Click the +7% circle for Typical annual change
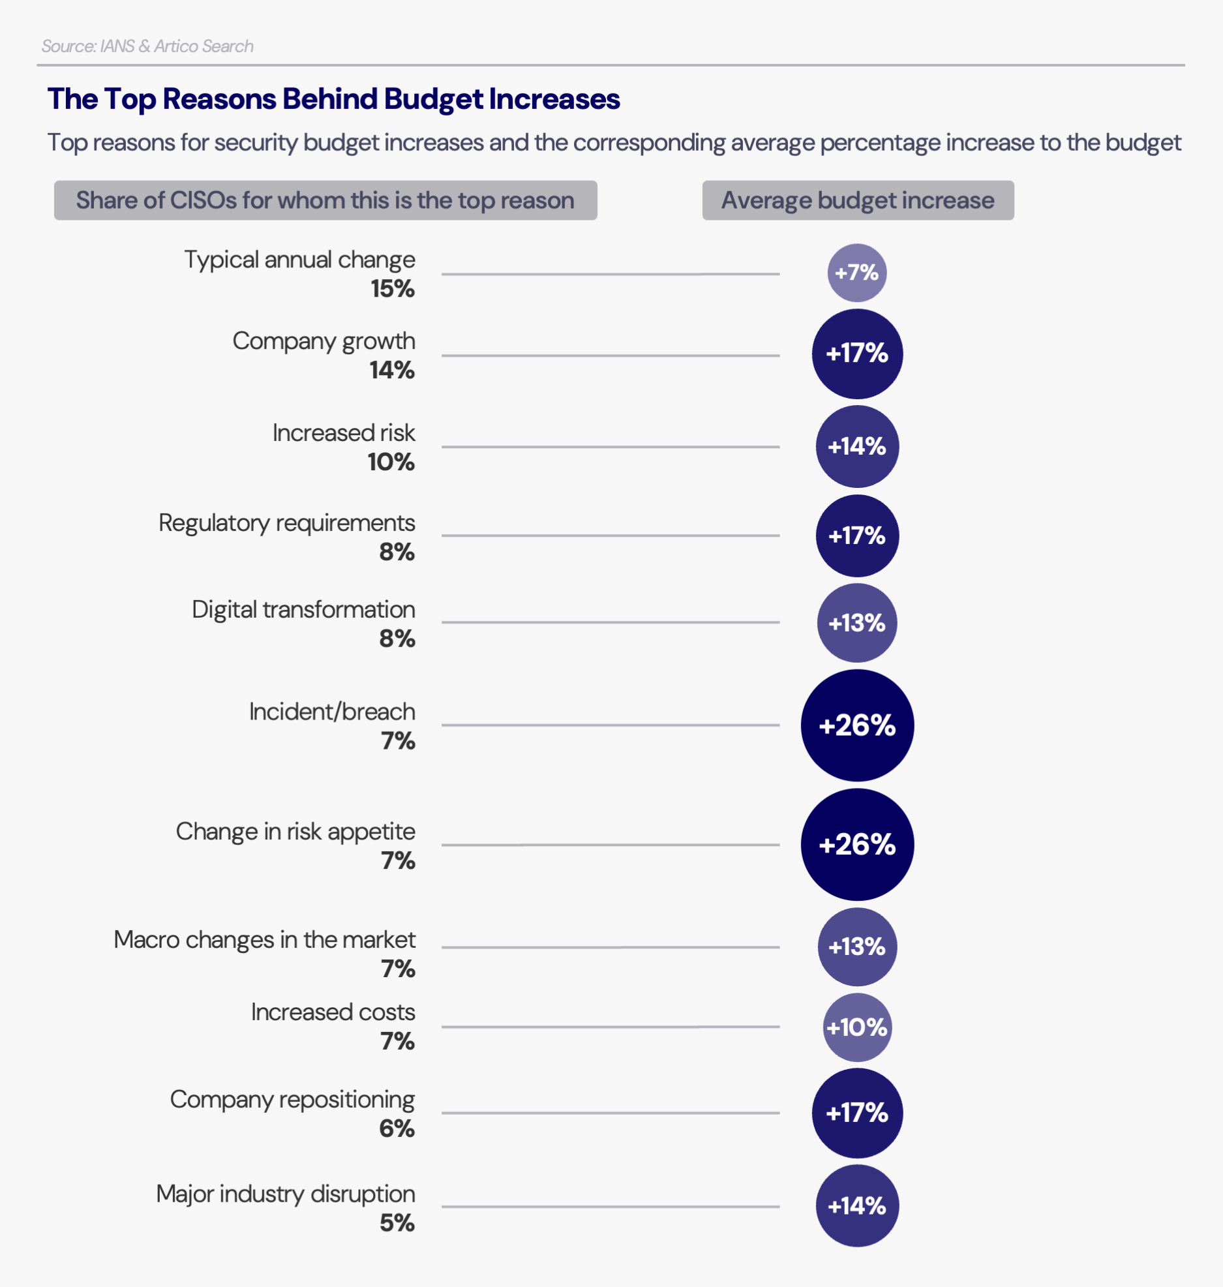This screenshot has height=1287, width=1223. point(856,273)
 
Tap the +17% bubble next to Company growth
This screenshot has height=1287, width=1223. point(856,354)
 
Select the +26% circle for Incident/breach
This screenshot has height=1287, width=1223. point(856,725)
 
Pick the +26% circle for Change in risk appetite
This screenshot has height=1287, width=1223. point(856,845)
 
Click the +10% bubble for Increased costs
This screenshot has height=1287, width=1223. point(856,1027)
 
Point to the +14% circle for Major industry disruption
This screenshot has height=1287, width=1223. point(856,1205)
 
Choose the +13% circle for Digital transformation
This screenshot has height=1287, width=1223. point(856,623)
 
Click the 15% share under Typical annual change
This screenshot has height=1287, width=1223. point(393,289)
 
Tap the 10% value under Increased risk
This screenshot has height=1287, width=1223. point(391,462)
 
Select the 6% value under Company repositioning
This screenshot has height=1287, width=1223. point(397,1128)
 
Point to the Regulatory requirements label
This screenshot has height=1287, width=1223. point(286,523)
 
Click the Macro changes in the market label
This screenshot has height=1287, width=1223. point(264,940)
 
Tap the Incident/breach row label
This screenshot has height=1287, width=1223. point(331,712)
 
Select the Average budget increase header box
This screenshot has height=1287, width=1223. point(857,200)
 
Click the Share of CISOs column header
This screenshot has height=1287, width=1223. point(325,200)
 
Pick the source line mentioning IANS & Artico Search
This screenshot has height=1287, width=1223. point(147,46)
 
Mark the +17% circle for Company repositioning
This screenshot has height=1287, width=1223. point(856,1113)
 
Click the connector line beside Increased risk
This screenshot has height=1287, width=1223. point(610,447)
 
